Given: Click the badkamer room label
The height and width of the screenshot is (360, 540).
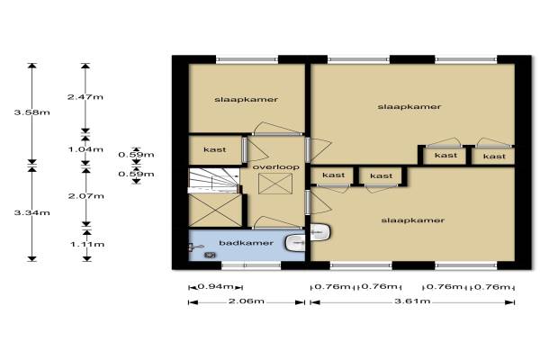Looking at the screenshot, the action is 246,243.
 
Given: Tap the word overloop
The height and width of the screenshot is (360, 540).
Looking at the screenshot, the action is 276,167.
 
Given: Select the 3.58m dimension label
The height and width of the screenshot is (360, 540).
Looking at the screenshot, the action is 32,112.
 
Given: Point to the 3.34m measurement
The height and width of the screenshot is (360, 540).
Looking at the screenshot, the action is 32,213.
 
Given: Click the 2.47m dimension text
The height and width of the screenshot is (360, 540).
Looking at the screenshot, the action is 85,97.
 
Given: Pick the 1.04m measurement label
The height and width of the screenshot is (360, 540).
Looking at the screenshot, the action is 85,149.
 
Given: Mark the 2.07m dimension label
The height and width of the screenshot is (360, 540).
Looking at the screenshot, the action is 86,196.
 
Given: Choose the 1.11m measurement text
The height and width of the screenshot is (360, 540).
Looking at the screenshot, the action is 87,245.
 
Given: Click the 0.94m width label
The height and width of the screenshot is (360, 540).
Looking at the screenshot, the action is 216,286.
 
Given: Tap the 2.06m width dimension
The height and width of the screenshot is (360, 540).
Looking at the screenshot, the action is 247,301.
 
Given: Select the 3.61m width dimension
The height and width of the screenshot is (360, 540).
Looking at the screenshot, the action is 412,301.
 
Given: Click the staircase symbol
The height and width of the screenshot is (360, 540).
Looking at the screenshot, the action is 213,180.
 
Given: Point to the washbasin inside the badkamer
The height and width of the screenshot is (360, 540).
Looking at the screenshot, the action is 295,243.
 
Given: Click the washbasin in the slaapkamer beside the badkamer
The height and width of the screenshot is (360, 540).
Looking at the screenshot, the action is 320,232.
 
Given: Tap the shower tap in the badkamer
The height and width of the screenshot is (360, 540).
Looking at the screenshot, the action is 195,247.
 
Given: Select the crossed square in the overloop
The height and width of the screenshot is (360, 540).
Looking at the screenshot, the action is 275,184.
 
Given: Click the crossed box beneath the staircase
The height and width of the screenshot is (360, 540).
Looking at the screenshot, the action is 215,211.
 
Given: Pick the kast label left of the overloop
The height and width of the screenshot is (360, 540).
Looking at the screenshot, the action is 215,150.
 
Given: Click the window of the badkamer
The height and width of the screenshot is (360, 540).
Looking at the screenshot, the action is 251,265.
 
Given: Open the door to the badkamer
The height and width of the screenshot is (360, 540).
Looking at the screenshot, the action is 277,223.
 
